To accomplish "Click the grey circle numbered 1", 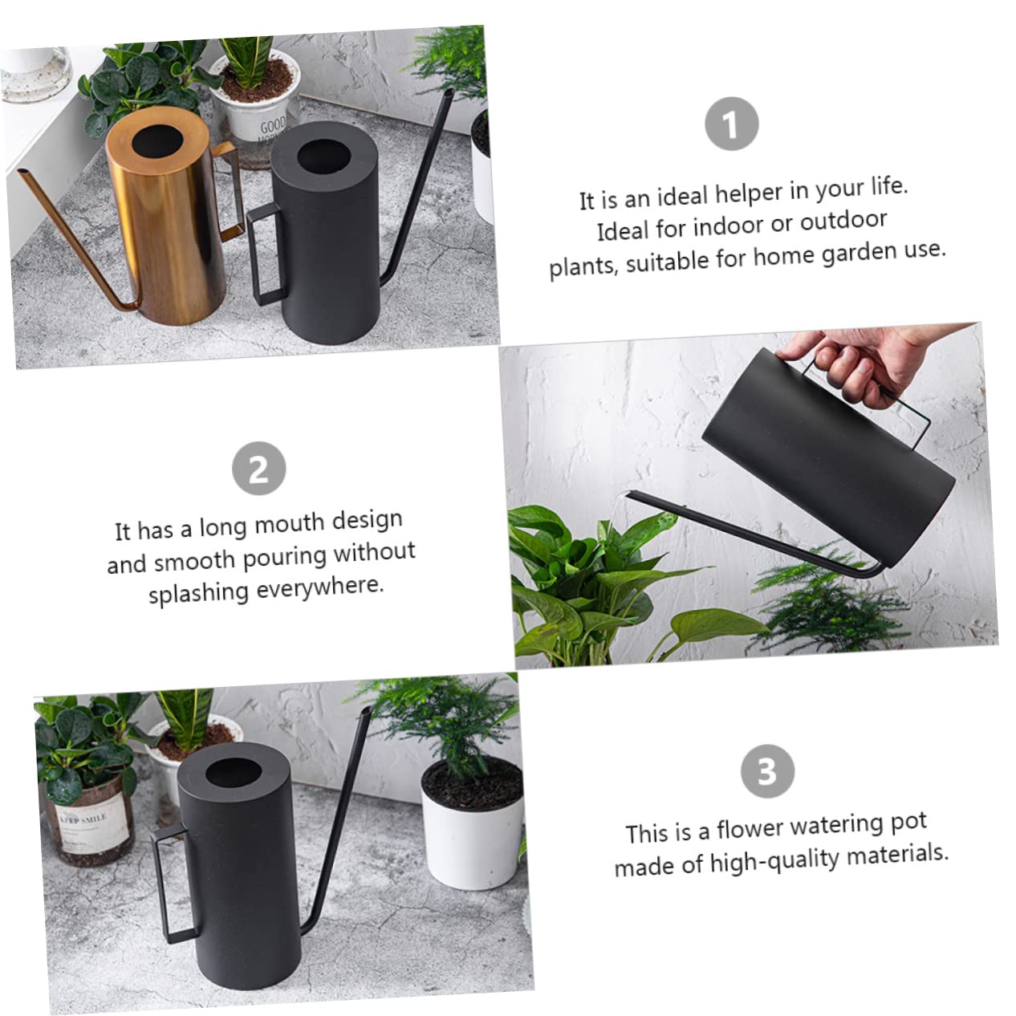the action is pyautogui.click(x=731, y=124).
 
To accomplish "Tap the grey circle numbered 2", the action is pyautogui.click(x=259, y=468).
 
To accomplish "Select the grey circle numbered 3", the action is pyautogui.click(x=767, y=771).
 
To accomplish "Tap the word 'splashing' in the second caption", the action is pyautogui.click(x=198, y=593).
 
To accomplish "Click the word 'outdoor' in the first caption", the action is pyautogui.click(x=843, y=221).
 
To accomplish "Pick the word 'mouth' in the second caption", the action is pyautogui.click(x=289, y=523).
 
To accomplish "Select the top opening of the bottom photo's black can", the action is pyautogui.click(x=234, y=774).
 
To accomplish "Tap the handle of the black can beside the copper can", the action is pyautogui.click(x=267, y=253).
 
